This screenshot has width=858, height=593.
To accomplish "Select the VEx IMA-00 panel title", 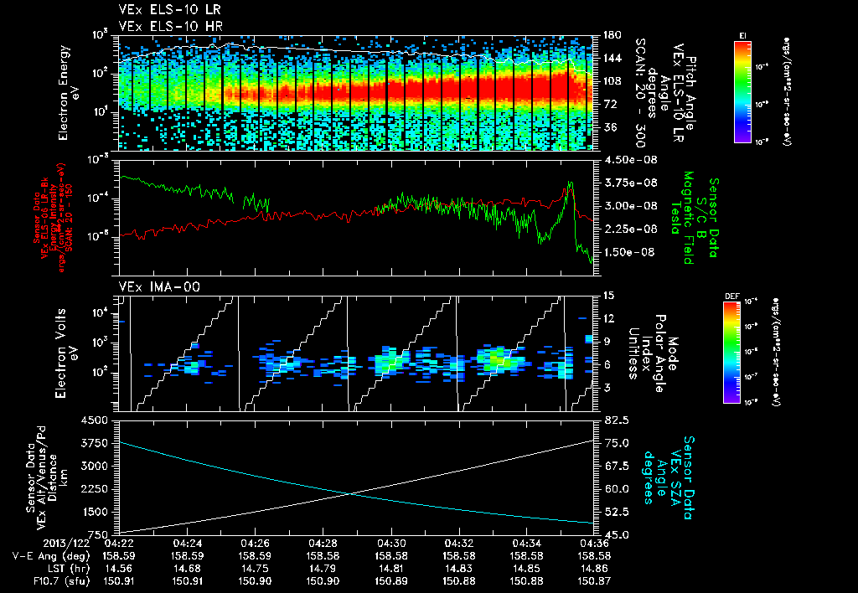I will click(x=152, y=286).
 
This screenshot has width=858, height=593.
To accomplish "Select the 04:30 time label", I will click(x=392, y=542).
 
